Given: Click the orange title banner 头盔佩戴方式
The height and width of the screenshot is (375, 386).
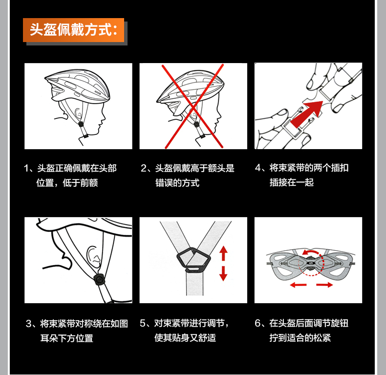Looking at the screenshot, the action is pyautogui.click(x=74, y=30).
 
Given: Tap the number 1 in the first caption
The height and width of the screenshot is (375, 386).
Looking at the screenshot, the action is pyautogui.click(x=26, y=168).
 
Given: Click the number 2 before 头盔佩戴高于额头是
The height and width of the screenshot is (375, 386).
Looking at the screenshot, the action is pyautogui.click(x=144, y=168).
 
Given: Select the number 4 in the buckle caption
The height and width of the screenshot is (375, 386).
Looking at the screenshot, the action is pyautogui.click(x=258, y=168).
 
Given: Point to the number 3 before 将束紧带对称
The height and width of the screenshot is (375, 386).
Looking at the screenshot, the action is pyautogui.click(x=29, y=324).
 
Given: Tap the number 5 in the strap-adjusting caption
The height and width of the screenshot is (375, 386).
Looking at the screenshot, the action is pyautogui.click(x=143, y=323).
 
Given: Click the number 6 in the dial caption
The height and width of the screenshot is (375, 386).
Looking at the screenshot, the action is pyautogui.click(x=258, y=323).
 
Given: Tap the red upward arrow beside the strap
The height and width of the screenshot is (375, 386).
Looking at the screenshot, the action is pyautogui.click(x=223, y=254).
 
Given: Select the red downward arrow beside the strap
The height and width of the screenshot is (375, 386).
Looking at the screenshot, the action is pyautogui.click(x=223, y=273).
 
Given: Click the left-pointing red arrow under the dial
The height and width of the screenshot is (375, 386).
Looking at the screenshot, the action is pyautogui.click(x=299, y=285).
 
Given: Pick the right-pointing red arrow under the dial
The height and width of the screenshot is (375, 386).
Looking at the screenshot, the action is pyautogui.click(x=324, y=285).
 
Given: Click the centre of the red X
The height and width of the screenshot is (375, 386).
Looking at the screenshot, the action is pyautogui.click(x=193, y=107).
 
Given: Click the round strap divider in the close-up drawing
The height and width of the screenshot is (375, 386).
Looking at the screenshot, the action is pyautogui.click(x=99, y=279).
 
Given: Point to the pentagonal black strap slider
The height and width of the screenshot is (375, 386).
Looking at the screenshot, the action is pyautogui.click(x=194, y=259).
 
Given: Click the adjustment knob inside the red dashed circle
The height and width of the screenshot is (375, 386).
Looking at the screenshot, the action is pyautogui.click(x=311, y=263).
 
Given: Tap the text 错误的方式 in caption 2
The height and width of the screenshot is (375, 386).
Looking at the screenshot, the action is pyautogui.click(x=177, y=183).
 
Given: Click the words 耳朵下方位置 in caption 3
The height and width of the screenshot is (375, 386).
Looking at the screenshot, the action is pyautogui.click(x=67, y=338).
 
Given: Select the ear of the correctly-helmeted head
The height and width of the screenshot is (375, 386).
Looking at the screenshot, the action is pyautogui.click(x=78, y=113).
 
